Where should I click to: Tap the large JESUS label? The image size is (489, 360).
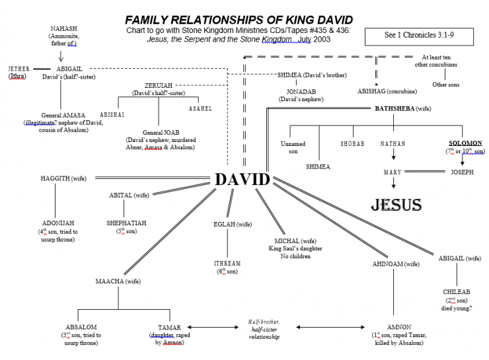pos(396,204)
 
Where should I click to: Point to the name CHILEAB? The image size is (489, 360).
pos(456,291)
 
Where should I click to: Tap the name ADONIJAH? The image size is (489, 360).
pos(56,223)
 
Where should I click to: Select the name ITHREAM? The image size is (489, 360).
pos(227,264)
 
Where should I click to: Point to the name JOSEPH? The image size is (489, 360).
pos(462,172)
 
